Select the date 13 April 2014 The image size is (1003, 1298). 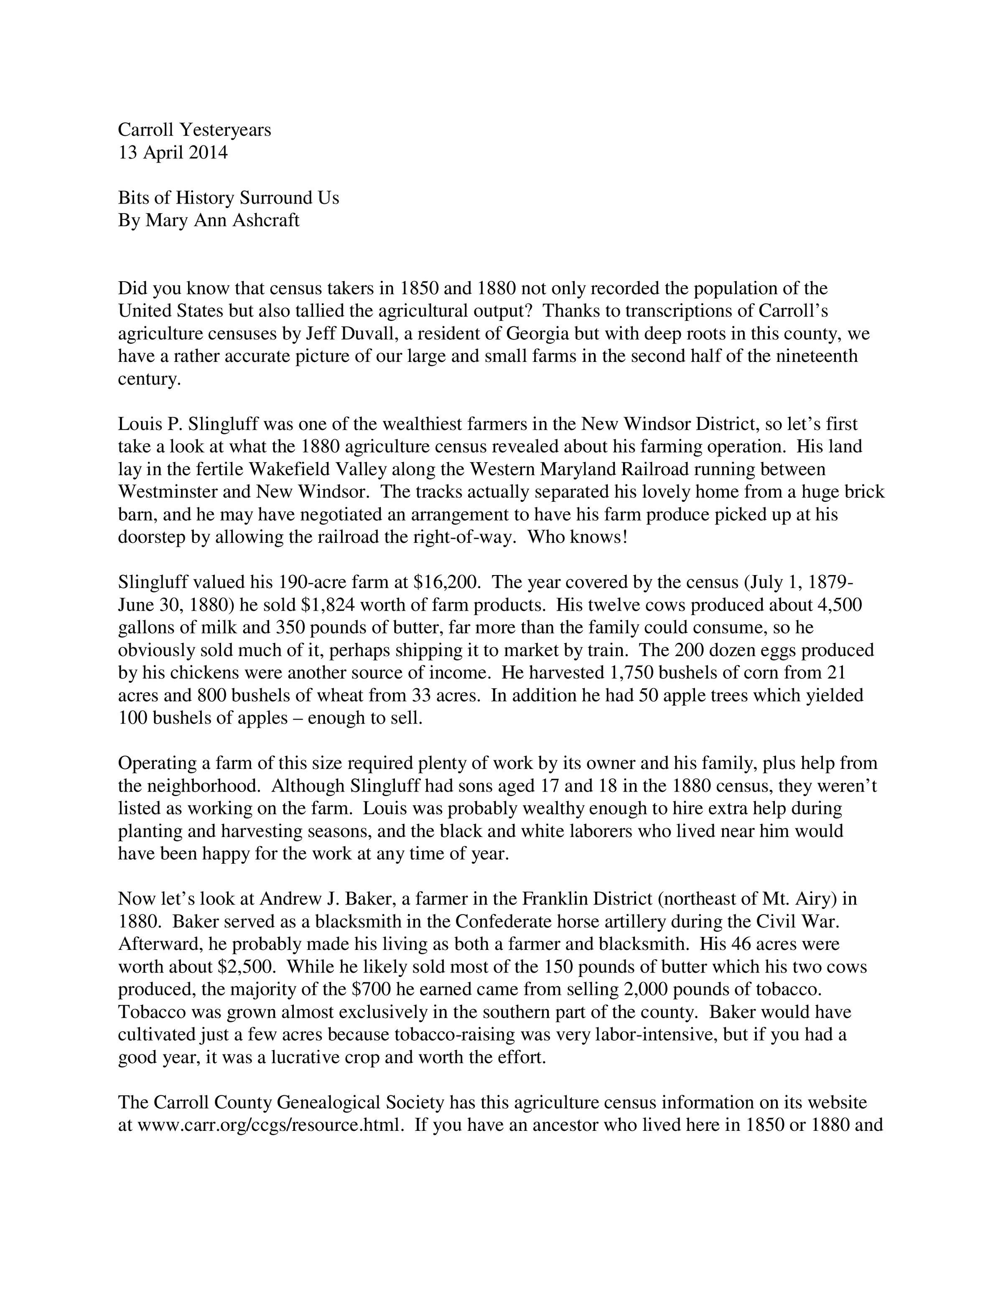tap(173, 153)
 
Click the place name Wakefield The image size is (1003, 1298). tap(290, 470)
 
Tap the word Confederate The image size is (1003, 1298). tap(507, 922)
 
